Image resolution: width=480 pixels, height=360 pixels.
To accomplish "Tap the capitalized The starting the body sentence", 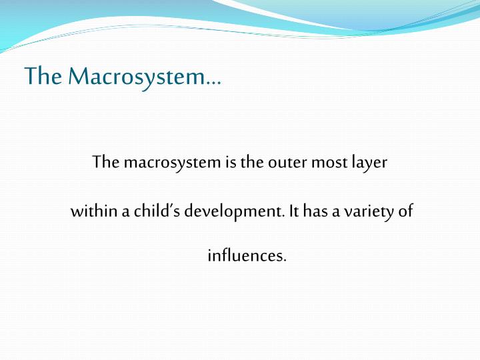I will [105, 162].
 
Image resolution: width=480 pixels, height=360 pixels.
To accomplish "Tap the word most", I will [326, 163].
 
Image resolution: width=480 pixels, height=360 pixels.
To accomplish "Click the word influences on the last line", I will [246, 255].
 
